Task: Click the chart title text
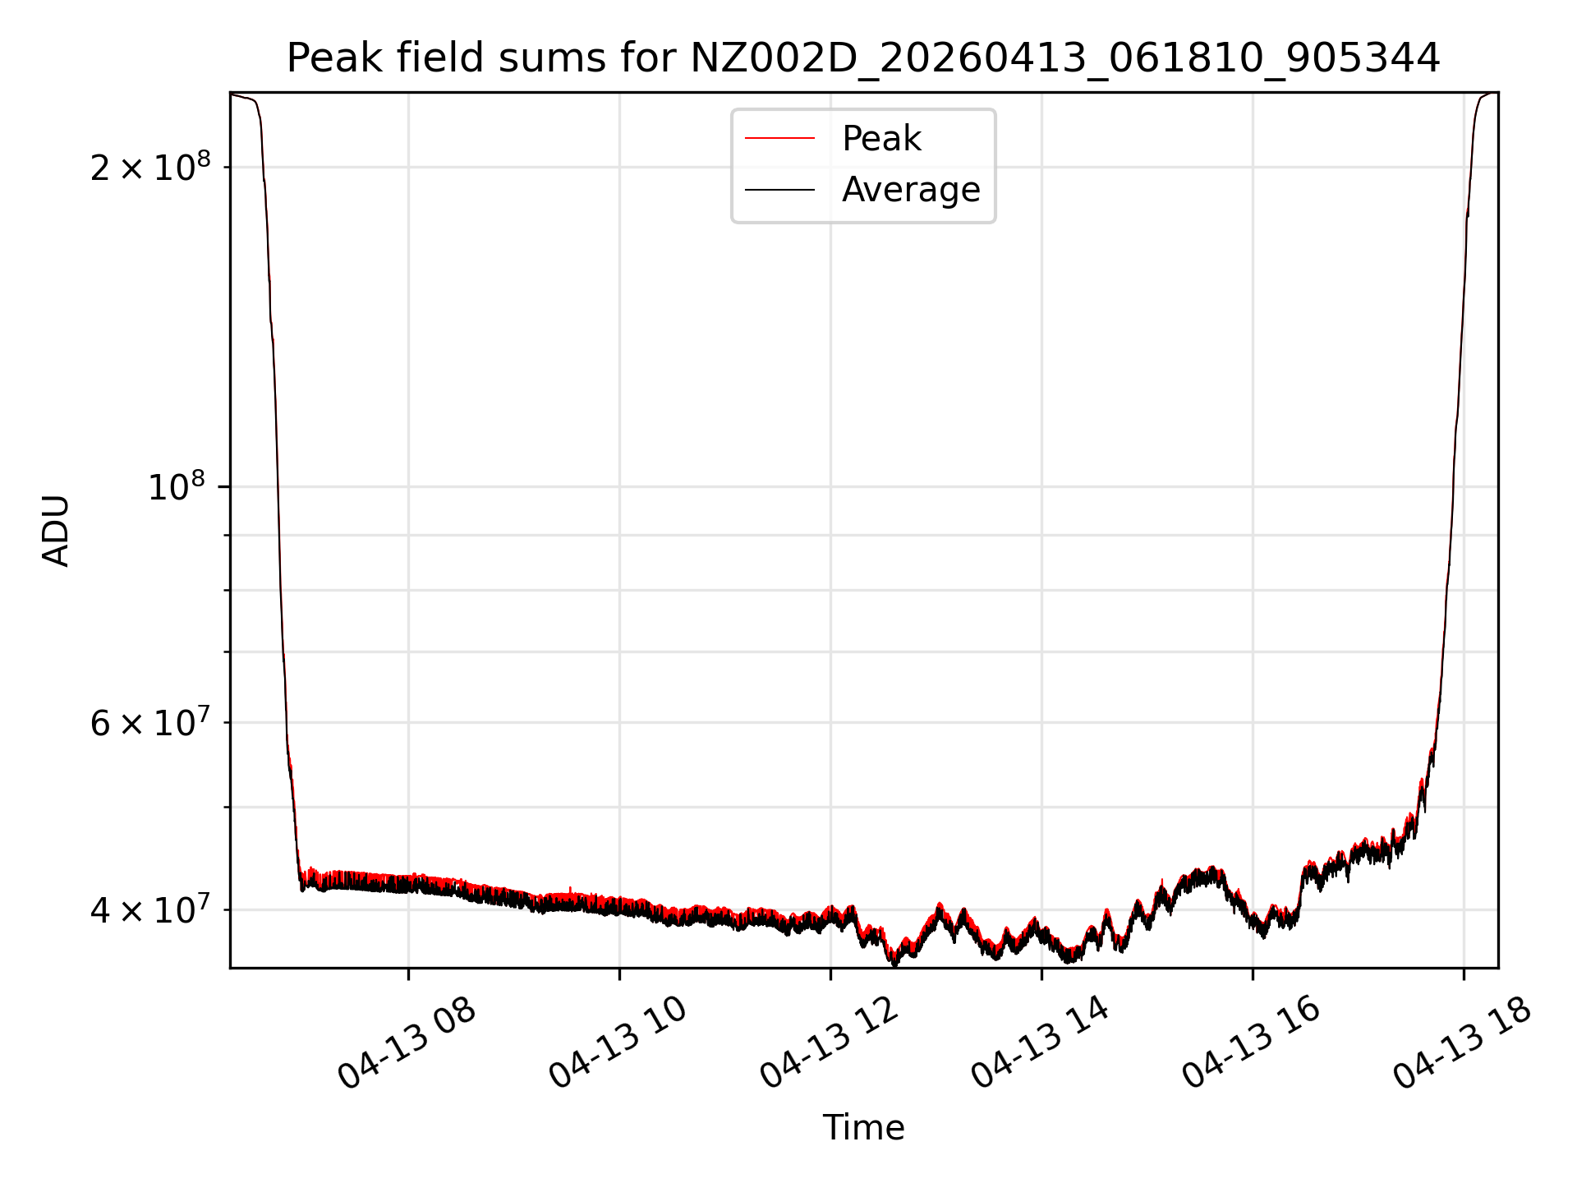coord(863,58)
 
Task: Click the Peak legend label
coord(881,139)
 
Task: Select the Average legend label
coord(911,190)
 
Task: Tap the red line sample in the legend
coord(779,139)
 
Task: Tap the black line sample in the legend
coord(779,190)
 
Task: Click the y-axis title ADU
coord(56,531)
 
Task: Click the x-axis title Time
coord(863,1128)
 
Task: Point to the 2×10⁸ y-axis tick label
coord(149,167)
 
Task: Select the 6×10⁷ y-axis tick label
coord(149,723)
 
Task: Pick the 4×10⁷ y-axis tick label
coord(149,909)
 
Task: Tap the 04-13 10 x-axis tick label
coord(618,1044)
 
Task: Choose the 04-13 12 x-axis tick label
coord(829,1044)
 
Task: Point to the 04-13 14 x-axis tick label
coord(1040,1044)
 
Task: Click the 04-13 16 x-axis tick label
coord(1251,1044)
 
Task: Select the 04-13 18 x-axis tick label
coord(1462,1044)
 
